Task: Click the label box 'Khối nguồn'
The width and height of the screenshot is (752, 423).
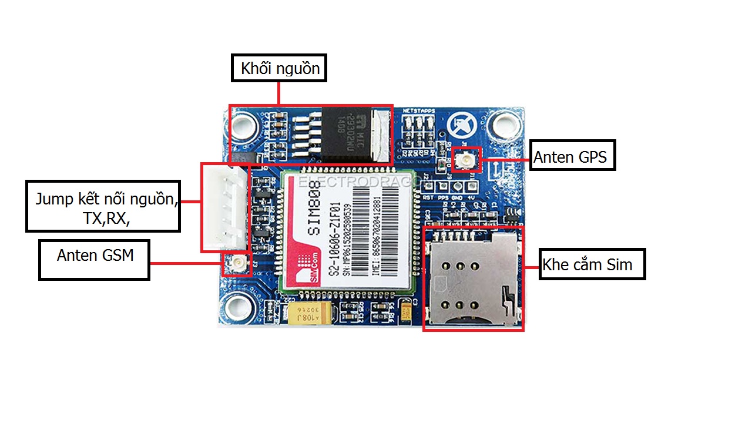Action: tap(278, 68)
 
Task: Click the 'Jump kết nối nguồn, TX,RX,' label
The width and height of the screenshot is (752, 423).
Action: tap(103, 206)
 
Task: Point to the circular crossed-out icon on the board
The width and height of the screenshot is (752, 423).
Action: tap(459, 124)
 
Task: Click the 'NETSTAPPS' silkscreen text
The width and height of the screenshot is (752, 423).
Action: tap(418, 110)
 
